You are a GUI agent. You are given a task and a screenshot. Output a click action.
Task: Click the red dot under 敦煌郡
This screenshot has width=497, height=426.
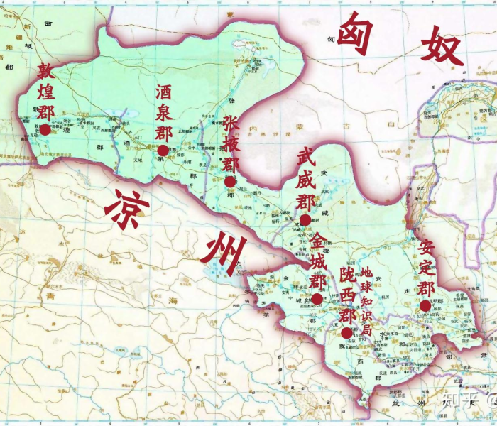coord(45,129)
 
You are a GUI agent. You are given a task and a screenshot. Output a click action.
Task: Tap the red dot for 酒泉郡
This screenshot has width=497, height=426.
coord(163,151)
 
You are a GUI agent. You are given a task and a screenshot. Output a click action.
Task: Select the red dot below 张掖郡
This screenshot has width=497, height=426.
coord(229,182)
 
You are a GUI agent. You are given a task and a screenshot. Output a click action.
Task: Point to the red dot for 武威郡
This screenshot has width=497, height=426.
coord(305,220)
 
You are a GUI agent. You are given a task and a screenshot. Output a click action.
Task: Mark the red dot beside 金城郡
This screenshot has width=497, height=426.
coord(317,299)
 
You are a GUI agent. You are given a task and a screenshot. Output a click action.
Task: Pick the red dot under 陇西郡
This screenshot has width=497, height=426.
coord(346,332)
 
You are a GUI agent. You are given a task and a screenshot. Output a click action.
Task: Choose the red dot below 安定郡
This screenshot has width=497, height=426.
coord(425,306)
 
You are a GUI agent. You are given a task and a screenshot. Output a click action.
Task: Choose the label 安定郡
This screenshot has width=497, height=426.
coord(426,268)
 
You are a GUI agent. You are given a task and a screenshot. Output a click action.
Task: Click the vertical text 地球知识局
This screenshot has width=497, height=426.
coord(366,302)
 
